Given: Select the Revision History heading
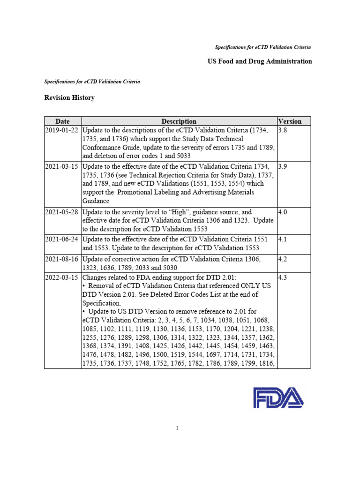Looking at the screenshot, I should coord(69,98).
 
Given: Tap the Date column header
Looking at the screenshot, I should coord(63,121).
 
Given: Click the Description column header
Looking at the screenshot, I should coord(179,121).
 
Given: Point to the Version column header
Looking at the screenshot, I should coord(290,121).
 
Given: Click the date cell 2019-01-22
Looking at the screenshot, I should coord(63,130).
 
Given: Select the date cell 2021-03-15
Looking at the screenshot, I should coord(63,166).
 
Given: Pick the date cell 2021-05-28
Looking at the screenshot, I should coord(63,212).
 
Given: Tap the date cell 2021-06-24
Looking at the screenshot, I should coord(63,239).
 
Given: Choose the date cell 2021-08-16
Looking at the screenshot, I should coord(63,259).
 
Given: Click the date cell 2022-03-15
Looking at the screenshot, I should coord(63,277).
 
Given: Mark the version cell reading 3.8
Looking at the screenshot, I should coord(283,130).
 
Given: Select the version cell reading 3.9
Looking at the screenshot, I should coord(283,166).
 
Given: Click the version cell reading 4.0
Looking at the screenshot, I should coord(283,212).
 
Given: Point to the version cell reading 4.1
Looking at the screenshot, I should coord(283,239).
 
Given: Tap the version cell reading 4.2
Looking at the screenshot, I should coord(283,259).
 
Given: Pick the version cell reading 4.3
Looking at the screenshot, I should coord(283,277).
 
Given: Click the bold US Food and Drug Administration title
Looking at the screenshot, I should coord(260,61).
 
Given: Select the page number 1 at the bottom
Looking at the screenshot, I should coord(178,427).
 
